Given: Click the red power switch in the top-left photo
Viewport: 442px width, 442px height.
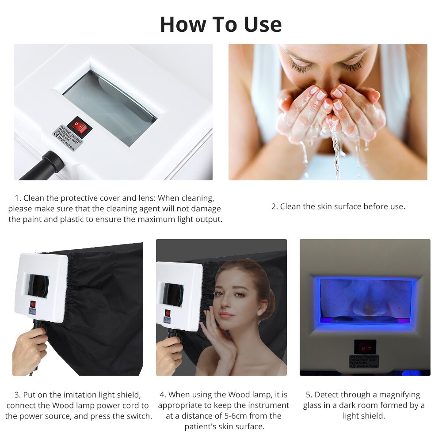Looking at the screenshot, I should point(80,127).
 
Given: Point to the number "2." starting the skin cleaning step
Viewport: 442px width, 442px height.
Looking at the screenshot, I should point(274,206).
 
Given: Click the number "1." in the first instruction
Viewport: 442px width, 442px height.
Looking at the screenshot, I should point(18,198).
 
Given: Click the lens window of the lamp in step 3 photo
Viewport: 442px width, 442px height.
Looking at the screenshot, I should point(38,286).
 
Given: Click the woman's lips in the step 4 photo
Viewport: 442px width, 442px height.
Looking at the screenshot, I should point(226,315).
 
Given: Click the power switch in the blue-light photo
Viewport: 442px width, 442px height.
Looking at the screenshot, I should point(365,347).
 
